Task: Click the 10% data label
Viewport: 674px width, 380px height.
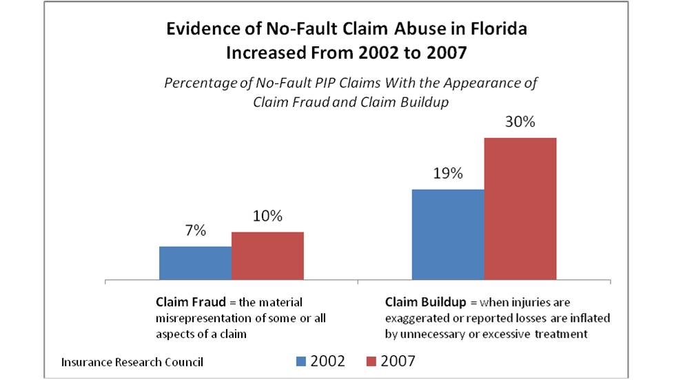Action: [267, 217]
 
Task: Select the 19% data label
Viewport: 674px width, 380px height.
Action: [448, 174]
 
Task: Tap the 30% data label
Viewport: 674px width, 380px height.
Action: [520, 123]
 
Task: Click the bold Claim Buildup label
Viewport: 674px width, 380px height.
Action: [418, 303]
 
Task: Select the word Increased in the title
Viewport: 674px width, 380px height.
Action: [266, 53]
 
